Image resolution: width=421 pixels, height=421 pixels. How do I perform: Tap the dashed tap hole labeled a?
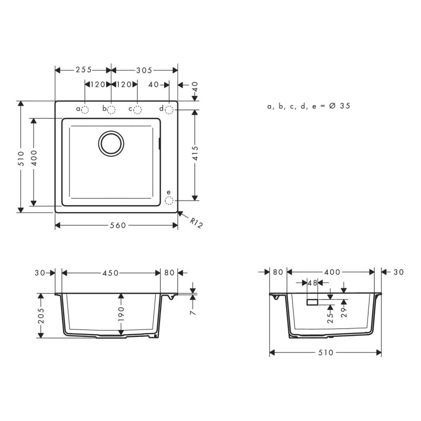click(x=87, y=109)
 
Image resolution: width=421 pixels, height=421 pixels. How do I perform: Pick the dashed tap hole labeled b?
click(x=112, y=109)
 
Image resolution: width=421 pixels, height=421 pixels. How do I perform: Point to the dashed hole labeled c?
click(x=137, y=109)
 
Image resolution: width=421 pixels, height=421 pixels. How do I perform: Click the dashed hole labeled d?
click(x=169, y=109)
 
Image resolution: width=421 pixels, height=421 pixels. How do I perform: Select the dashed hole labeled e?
click(x=169, y=201)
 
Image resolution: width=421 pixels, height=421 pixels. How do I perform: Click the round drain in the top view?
click(x=112, y=143)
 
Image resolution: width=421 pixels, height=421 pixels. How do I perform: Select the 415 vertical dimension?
click(x=195, y=155)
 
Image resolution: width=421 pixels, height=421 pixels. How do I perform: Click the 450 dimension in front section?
click(x=110, y=273)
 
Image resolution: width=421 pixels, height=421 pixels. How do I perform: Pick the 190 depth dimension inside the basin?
click(x=122, y=314)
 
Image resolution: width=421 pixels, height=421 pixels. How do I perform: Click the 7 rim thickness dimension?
click(x=194, y=312)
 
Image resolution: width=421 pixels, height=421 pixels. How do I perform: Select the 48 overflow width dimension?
click(x=313, y=283)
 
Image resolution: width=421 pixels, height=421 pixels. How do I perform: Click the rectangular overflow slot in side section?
click(x=313, y=302)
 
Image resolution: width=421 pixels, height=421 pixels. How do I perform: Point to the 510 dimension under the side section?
click(x=326, y=353)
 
